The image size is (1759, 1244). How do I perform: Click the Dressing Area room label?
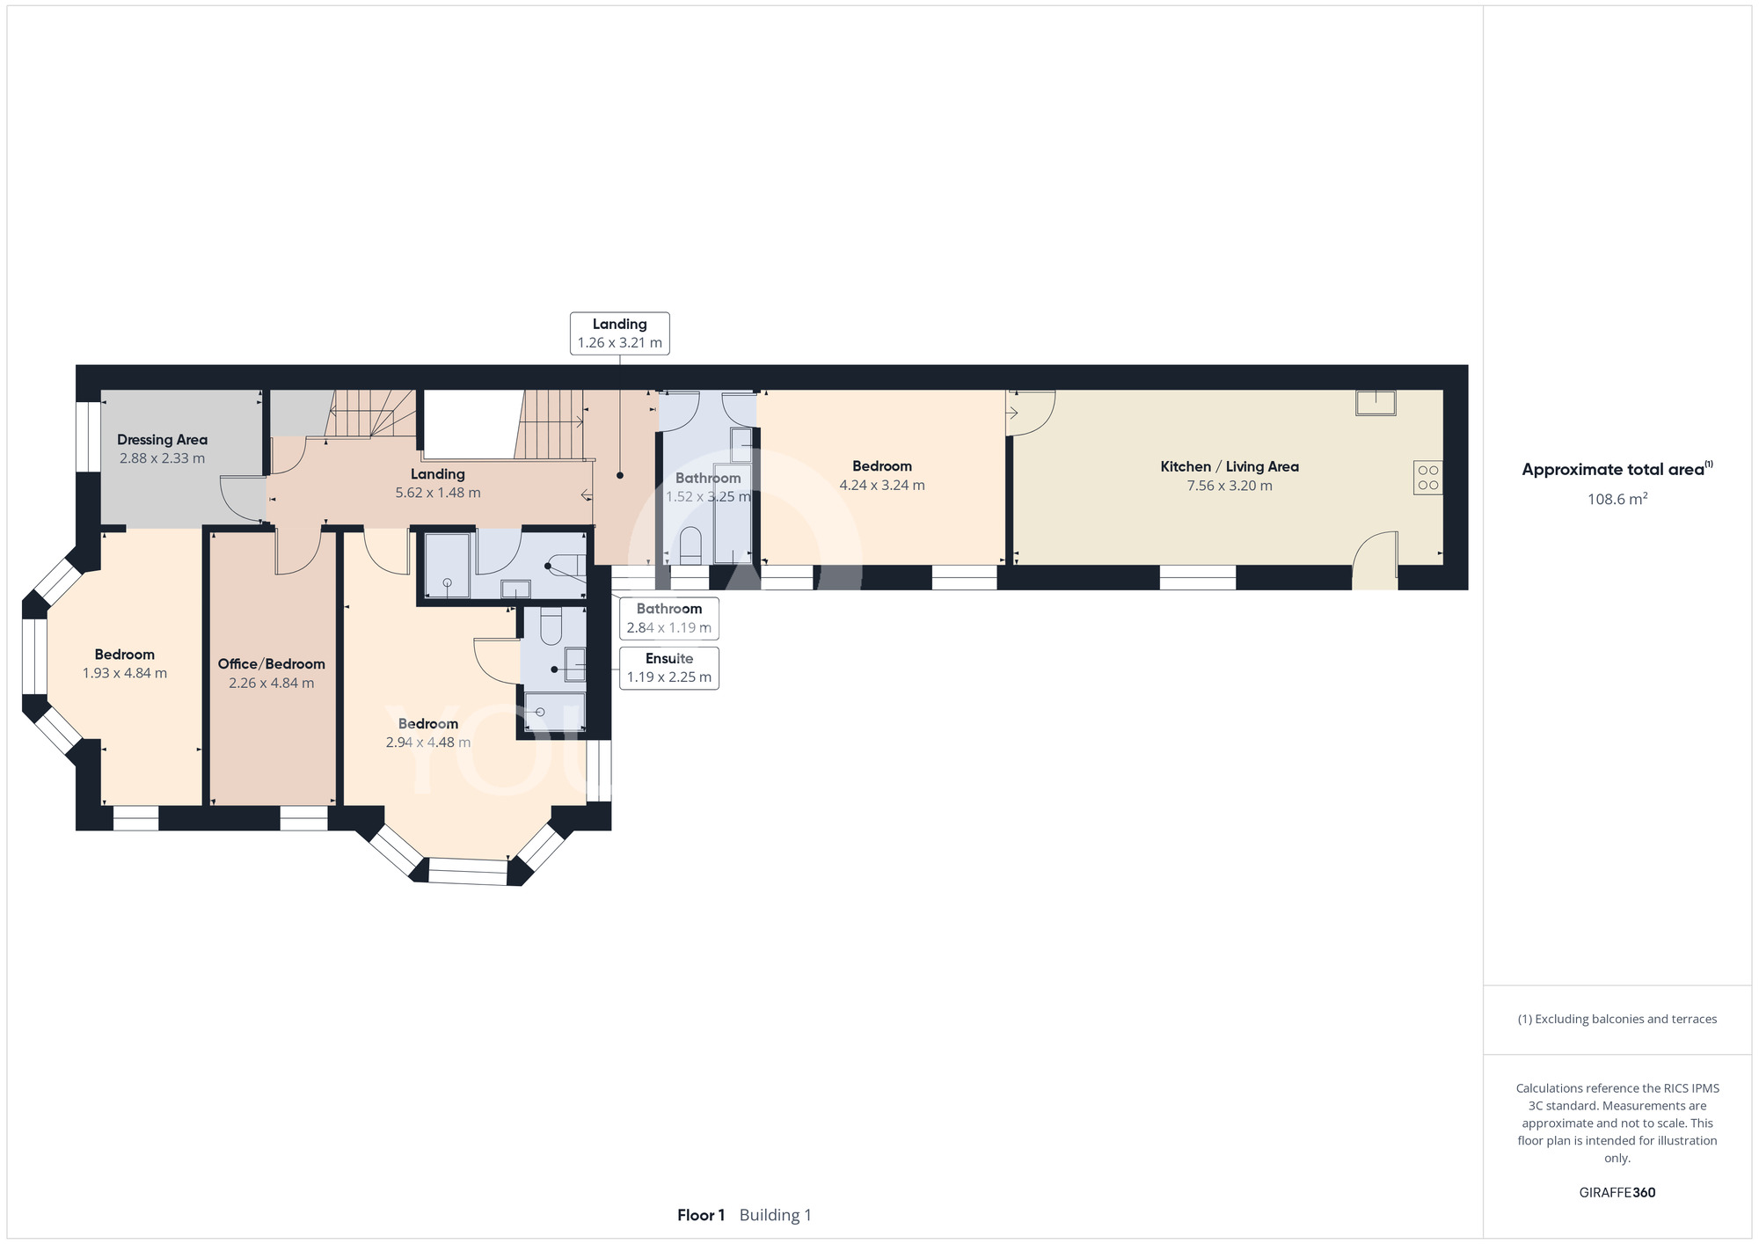click(x=163, y=440)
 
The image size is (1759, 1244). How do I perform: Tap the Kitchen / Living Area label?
click(x=1230, y=467)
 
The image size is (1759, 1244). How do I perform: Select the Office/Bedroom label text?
click(x=272, y=664)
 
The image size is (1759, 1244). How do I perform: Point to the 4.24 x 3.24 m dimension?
click(x=882, y=486)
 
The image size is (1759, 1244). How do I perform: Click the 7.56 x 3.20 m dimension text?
click(x=1230, y=486)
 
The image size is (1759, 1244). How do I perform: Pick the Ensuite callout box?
click(x=669, y=668)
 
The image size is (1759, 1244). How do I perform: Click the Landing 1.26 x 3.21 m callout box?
click(x=620, y=333)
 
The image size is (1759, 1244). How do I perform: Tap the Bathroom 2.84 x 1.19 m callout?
click(x=669, y=618)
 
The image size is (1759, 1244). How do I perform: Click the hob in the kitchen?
click(x=1428, y=478)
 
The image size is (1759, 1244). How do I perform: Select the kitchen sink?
click(x=1376, y=402)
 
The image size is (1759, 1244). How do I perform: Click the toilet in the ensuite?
click(x=551, y=626)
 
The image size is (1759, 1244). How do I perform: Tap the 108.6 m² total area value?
click(x=1617, y=499)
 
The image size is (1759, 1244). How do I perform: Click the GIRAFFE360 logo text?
click(x=1617, y=1193)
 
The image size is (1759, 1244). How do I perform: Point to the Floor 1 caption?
click(x=701, y=1215)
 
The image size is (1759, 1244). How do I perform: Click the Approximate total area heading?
click(x=1617, y=469)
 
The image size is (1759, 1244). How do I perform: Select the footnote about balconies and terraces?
click(x=1617, y=1019)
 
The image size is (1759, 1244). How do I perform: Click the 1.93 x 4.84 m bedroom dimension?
click(x=125, y=674)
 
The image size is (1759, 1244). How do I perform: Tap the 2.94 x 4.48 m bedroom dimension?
click(x=428, y=743)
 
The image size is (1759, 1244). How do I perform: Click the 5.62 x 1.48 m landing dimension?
click(x=438, y=493)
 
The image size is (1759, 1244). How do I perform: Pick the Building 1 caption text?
click(x=776, y=1215)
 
